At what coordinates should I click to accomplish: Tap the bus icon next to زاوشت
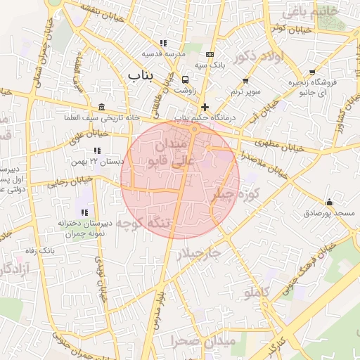click(186, 79)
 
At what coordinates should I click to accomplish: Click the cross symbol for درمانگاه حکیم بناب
click(205, 107)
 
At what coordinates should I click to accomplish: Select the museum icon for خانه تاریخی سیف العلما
click(103, 107)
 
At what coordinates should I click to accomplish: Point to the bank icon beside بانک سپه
click(210, 54)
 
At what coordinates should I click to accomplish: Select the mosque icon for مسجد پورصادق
click(329, 202)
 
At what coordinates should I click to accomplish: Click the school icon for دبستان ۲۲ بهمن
click(96, 150)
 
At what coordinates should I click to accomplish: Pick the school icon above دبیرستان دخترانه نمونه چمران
click(84, 212)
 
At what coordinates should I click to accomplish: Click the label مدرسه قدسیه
click(163, 53)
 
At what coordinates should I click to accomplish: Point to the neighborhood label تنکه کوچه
click(143, 224)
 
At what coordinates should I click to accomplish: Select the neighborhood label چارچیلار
click(199, 253)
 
